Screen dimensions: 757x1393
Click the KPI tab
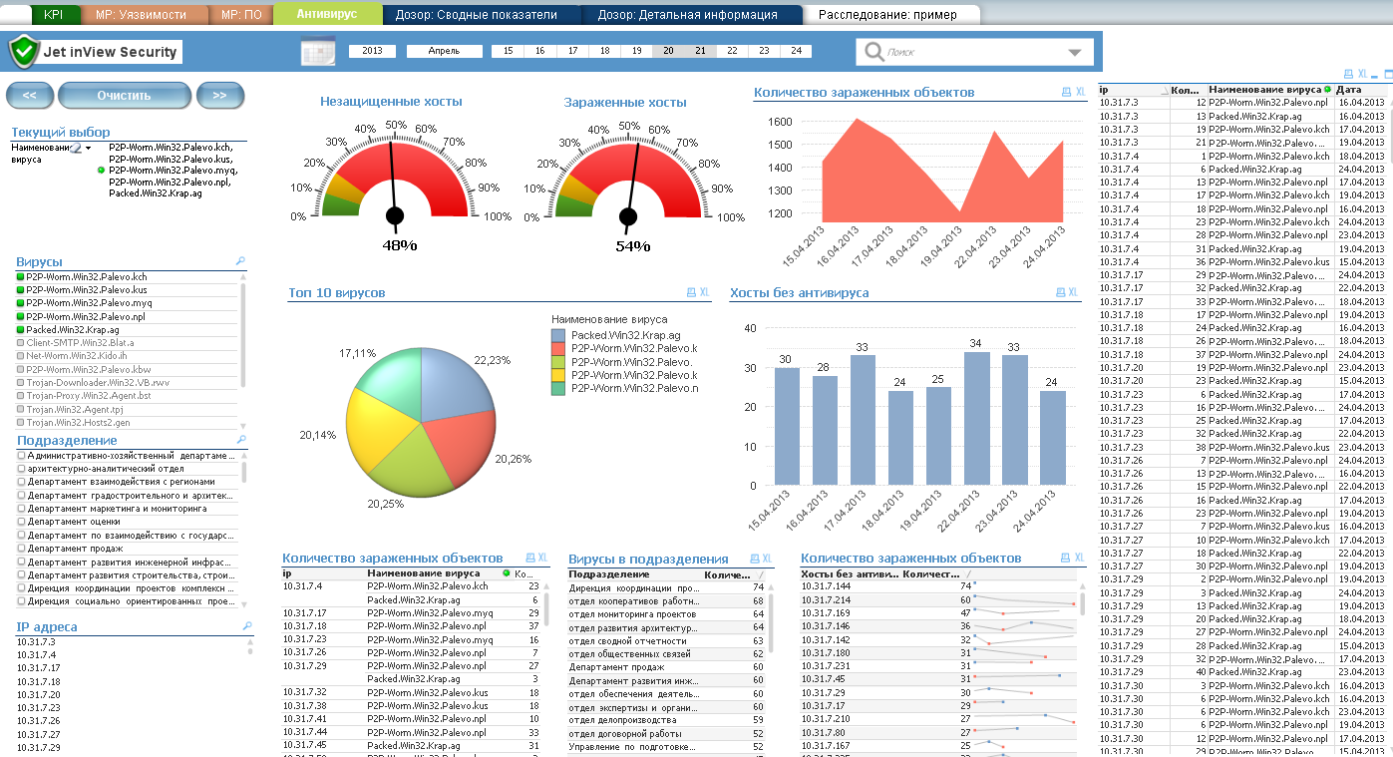[x=53, y=15]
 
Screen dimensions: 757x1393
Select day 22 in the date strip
[x=732, y=51]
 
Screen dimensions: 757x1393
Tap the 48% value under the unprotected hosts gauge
[x=399, y=244]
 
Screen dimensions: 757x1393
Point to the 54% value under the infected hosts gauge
[x=632, y=245]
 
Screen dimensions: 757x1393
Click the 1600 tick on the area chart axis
[x=780, y=122]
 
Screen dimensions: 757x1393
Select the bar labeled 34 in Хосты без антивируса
[x=977, y=419]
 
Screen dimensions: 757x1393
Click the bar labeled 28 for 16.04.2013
[x=825, y=430]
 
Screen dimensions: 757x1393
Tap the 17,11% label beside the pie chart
[x=357, y=353]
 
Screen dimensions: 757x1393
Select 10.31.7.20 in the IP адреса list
[x=39, y=694]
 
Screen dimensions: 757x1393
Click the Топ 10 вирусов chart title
[x=336, y=293]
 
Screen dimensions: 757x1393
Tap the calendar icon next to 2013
[x=318, y=52]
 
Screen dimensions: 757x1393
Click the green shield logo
[x=24, y=52]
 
